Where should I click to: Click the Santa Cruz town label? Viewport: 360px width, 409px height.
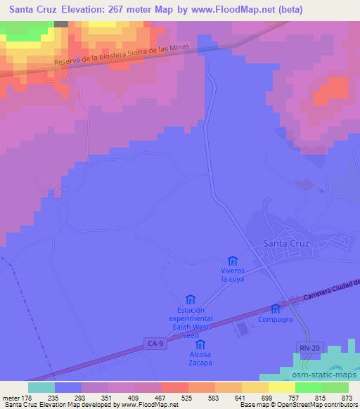pos(285,244)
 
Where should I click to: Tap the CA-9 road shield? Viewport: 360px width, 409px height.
pos(156,343)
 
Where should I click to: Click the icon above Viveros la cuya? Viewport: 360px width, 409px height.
pos(233,261)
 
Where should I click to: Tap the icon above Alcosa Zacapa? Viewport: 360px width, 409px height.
pos(200,344)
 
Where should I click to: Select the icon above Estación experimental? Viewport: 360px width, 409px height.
pos(189,300)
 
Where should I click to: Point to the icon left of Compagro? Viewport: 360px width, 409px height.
pos(275,308)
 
